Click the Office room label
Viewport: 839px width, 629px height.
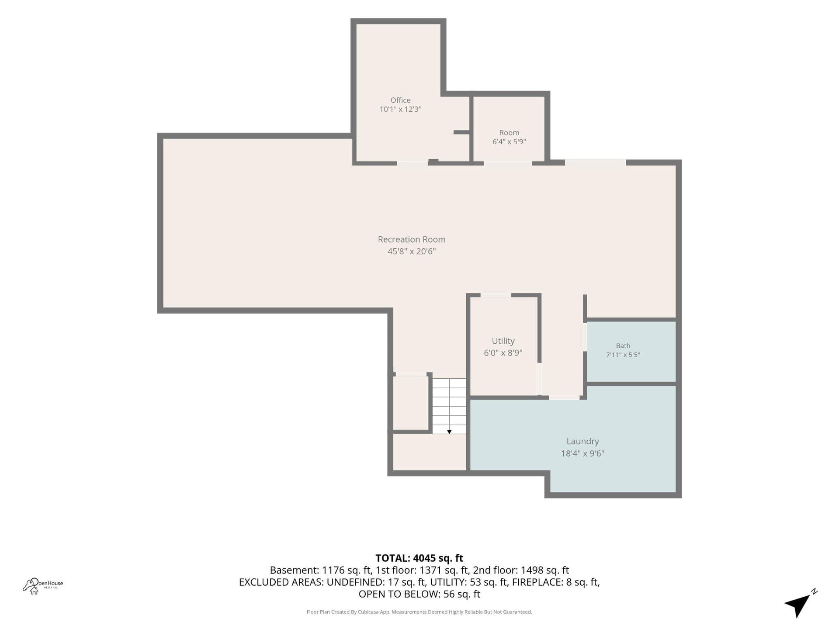(x=400, y=100)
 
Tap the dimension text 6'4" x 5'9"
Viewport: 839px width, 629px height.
(x=509, y=142)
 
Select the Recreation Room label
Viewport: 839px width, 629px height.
(x=412, y=239)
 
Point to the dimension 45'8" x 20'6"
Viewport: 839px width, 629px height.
(x=412, y=251)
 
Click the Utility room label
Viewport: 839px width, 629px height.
(x=503, y=341)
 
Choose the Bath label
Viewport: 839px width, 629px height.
(x=623, y=346)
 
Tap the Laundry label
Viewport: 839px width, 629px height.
(x=582, y=442)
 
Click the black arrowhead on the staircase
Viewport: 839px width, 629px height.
(x=449, y=432)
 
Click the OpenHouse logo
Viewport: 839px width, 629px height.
(x=43, y=586)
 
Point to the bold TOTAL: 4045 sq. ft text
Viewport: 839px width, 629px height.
(x=419, y=558)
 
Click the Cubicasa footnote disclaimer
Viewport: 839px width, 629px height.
(x=419, y=612)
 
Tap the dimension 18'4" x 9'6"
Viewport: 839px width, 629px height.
(x=582, y=453)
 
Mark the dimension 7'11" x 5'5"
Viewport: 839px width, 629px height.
(x=623, y=355)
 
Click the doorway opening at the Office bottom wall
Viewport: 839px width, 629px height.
(x=412, y=163)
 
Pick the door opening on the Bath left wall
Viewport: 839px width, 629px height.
(x=585, y=337)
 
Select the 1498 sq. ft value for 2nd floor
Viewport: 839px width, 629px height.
(x=545, y=570)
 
